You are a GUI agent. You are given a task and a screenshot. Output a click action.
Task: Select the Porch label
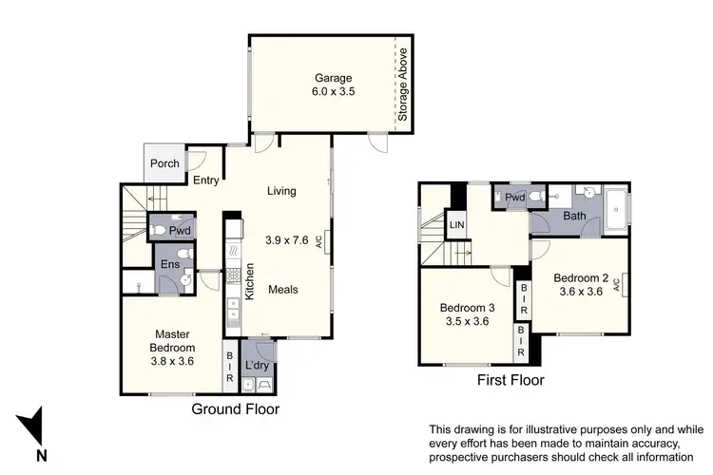pyautogui.click(x=165, y=163)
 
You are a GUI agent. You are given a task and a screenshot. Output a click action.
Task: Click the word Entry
pyautogui.click(x=206, y=180)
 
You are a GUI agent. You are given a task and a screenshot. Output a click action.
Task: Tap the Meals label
pyautogui.click(x=284, y=290)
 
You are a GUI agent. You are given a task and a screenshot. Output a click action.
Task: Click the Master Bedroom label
pyautogui.click(x=172, y=340)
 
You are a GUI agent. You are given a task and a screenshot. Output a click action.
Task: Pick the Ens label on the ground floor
pyautogui.click(x=169, y=264)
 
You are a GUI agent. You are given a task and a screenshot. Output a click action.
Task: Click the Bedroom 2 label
pyautogui.click(x=581, y=285)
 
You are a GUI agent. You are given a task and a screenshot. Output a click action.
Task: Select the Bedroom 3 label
pyautogui.click(x=467, y=315)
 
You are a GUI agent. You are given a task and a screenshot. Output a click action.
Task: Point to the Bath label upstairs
pyautogui.click(x=574, y=217)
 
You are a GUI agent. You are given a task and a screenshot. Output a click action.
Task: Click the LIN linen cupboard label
pyautogui.click(x=457, y=225)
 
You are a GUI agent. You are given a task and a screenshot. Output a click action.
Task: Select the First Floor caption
pyautogui.click(x=511, y=380)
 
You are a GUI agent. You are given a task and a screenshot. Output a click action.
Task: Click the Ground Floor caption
pyautogui.click(x=236, y=408)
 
